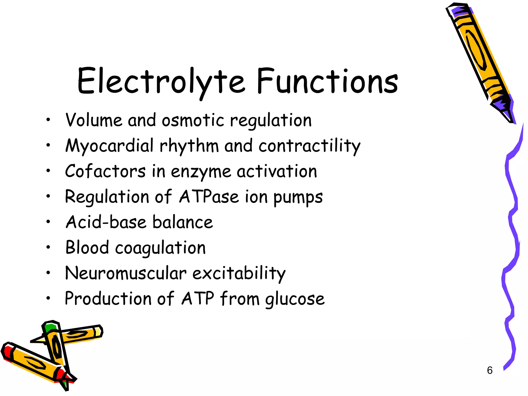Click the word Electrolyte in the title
click(x=161, y=81)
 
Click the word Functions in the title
click(x=327, y=81)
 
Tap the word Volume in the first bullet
click(x=94, y=120)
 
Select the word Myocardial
click(x=109, y=146)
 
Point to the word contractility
click(x=309, y=146)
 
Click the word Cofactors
click(x=105, y=171)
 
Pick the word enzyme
click(x=201, y=172)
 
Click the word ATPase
click(x=209, y=197)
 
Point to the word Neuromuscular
click(x=126, y=273)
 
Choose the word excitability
click(x=239, y=274)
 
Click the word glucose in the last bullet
click(x=295, y=299)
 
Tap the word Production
click(x=108, y=299)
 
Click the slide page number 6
click(x=490, y=370)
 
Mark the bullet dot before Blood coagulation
click(x=48, y=247)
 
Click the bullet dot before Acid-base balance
click(x=48, y=221)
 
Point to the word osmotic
click(x=193, y=120)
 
